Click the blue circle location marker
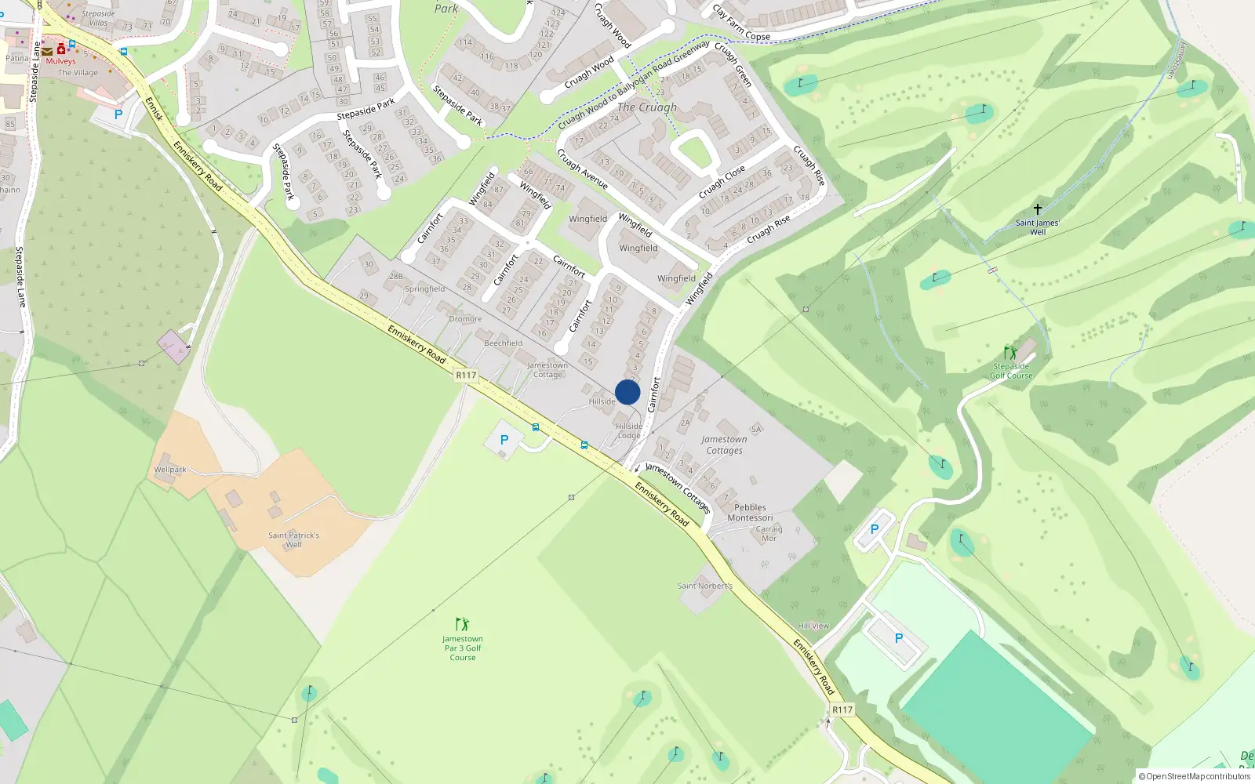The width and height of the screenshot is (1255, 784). click(x=627, y=392)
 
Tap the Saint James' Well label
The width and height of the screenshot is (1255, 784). click(x=1037, y=227)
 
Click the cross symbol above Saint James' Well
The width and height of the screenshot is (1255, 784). click(x=1037, y=209)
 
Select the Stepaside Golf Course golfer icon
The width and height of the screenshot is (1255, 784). click(x=1010, y=353)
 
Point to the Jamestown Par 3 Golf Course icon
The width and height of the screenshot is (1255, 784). click(x=463, y=624)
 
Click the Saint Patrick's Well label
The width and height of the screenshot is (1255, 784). click(x=293, y=539)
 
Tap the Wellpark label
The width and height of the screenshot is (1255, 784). click(x=170, y=470)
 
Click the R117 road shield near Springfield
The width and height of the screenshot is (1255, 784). click(x=466, y=376)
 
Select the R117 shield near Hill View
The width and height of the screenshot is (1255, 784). click(x=842, y=710)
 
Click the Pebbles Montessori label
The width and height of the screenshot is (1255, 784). click(x=750, y=513)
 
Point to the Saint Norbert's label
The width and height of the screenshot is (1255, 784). click(x=704, y=586)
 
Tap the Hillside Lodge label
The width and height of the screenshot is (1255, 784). click(x=629, y=430)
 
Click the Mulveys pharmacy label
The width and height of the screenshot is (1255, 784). click(x=60, y=61)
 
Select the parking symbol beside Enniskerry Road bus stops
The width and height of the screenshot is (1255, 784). click(x=504, y=440)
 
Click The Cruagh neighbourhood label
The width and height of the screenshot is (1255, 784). click(x=647, y=107)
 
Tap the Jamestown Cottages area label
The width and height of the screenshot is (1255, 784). click(x=724, y=445)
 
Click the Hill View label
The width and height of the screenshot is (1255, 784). click(x=813, y=626)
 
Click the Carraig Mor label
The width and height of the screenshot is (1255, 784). click(x=769, y=533)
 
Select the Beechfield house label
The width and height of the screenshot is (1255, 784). click(x=503, y=343)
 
